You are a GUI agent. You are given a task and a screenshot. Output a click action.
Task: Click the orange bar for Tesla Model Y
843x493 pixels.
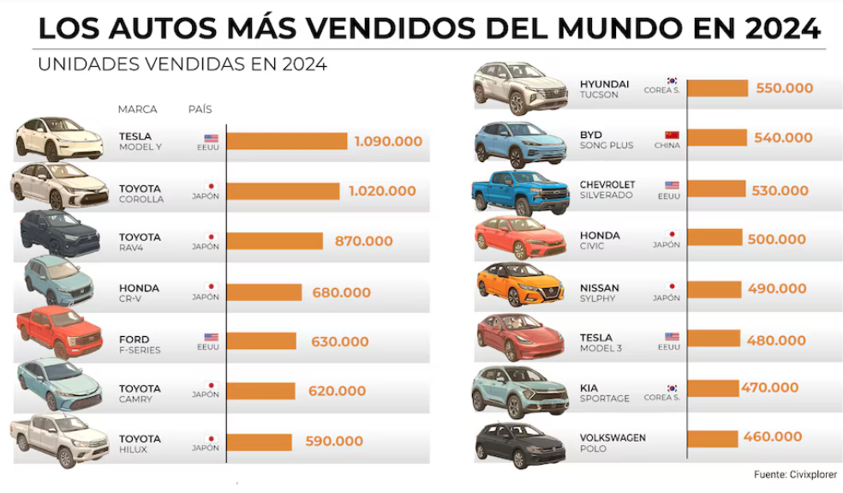(287, 141)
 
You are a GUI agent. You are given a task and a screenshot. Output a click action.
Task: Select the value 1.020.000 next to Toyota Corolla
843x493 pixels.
(382, 191)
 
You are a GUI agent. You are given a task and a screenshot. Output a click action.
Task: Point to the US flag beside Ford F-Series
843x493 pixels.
(211, 337)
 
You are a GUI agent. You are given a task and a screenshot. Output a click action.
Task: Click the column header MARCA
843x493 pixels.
(137, 110)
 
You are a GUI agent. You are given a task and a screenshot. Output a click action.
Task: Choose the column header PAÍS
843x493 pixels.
(200, 110)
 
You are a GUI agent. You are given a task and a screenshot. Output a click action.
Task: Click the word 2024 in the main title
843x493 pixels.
(783, 27)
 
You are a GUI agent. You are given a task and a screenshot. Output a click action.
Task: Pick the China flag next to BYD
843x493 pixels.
(672, 135)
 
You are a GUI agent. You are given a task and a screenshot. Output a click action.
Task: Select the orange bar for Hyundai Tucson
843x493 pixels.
(717, 87)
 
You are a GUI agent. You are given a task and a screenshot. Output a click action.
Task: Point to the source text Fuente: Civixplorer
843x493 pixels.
(795, 474)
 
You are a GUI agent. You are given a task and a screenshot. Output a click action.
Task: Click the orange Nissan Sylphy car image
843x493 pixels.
(519, 286)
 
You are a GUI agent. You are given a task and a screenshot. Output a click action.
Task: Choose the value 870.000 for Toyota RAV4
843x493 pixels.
(363, 242)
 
